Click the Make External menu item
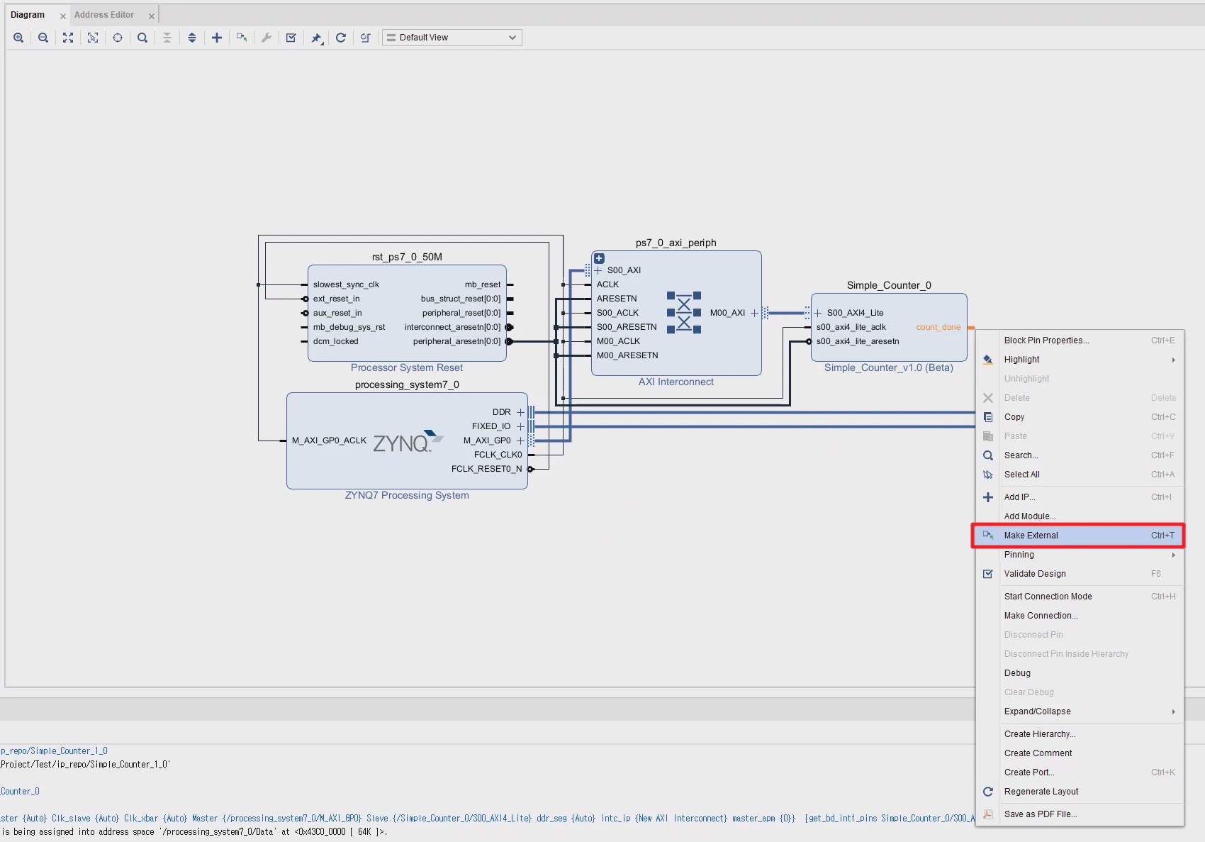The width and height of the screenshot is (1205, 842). click(x=1031, y=536)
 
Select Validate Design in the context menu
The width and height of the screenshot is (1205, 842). click(x=1034, y=574)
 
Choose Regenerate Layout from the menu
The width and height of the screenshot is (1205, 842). click(x=1041, y=792)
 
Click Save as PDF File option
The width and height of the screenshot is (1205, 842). click(x=1040, y=814)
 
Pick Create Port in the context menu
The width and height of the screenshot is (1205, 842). click(x=1029, y=772)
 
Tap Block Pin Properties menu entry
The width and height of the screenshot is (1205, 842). click(x=1046, y=340)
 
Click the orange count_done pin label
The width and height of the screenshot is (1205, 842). click(x=938, y=327)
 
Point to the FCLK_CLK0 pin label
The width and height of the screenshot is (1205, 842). click(x=498, y=455)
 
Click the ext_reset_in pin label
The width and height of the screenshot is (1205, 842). click(x=336, y=299)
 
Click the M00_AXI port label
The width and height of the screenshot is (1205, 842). click(x=727, y=313)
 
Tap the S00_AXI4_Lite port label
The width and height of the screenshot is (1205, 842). click(x=855, y=313)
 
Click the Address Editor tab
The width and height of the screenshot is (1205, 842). click(x=104, y=15)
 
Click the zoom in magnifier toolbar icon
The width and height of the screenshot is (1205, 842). click(x=18, y=38)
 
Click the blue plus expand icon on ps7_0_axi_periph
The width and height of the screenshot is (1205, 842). click(x=599, y=258)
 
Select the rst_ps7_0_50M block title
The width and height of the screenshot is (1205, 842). click(x=407, y=257)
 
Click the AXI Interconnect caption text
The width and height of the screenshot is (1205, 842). click(x=676, y=382)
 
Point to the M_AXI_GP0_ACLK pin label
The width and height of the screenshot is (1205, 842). click(x=329, y=441)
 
